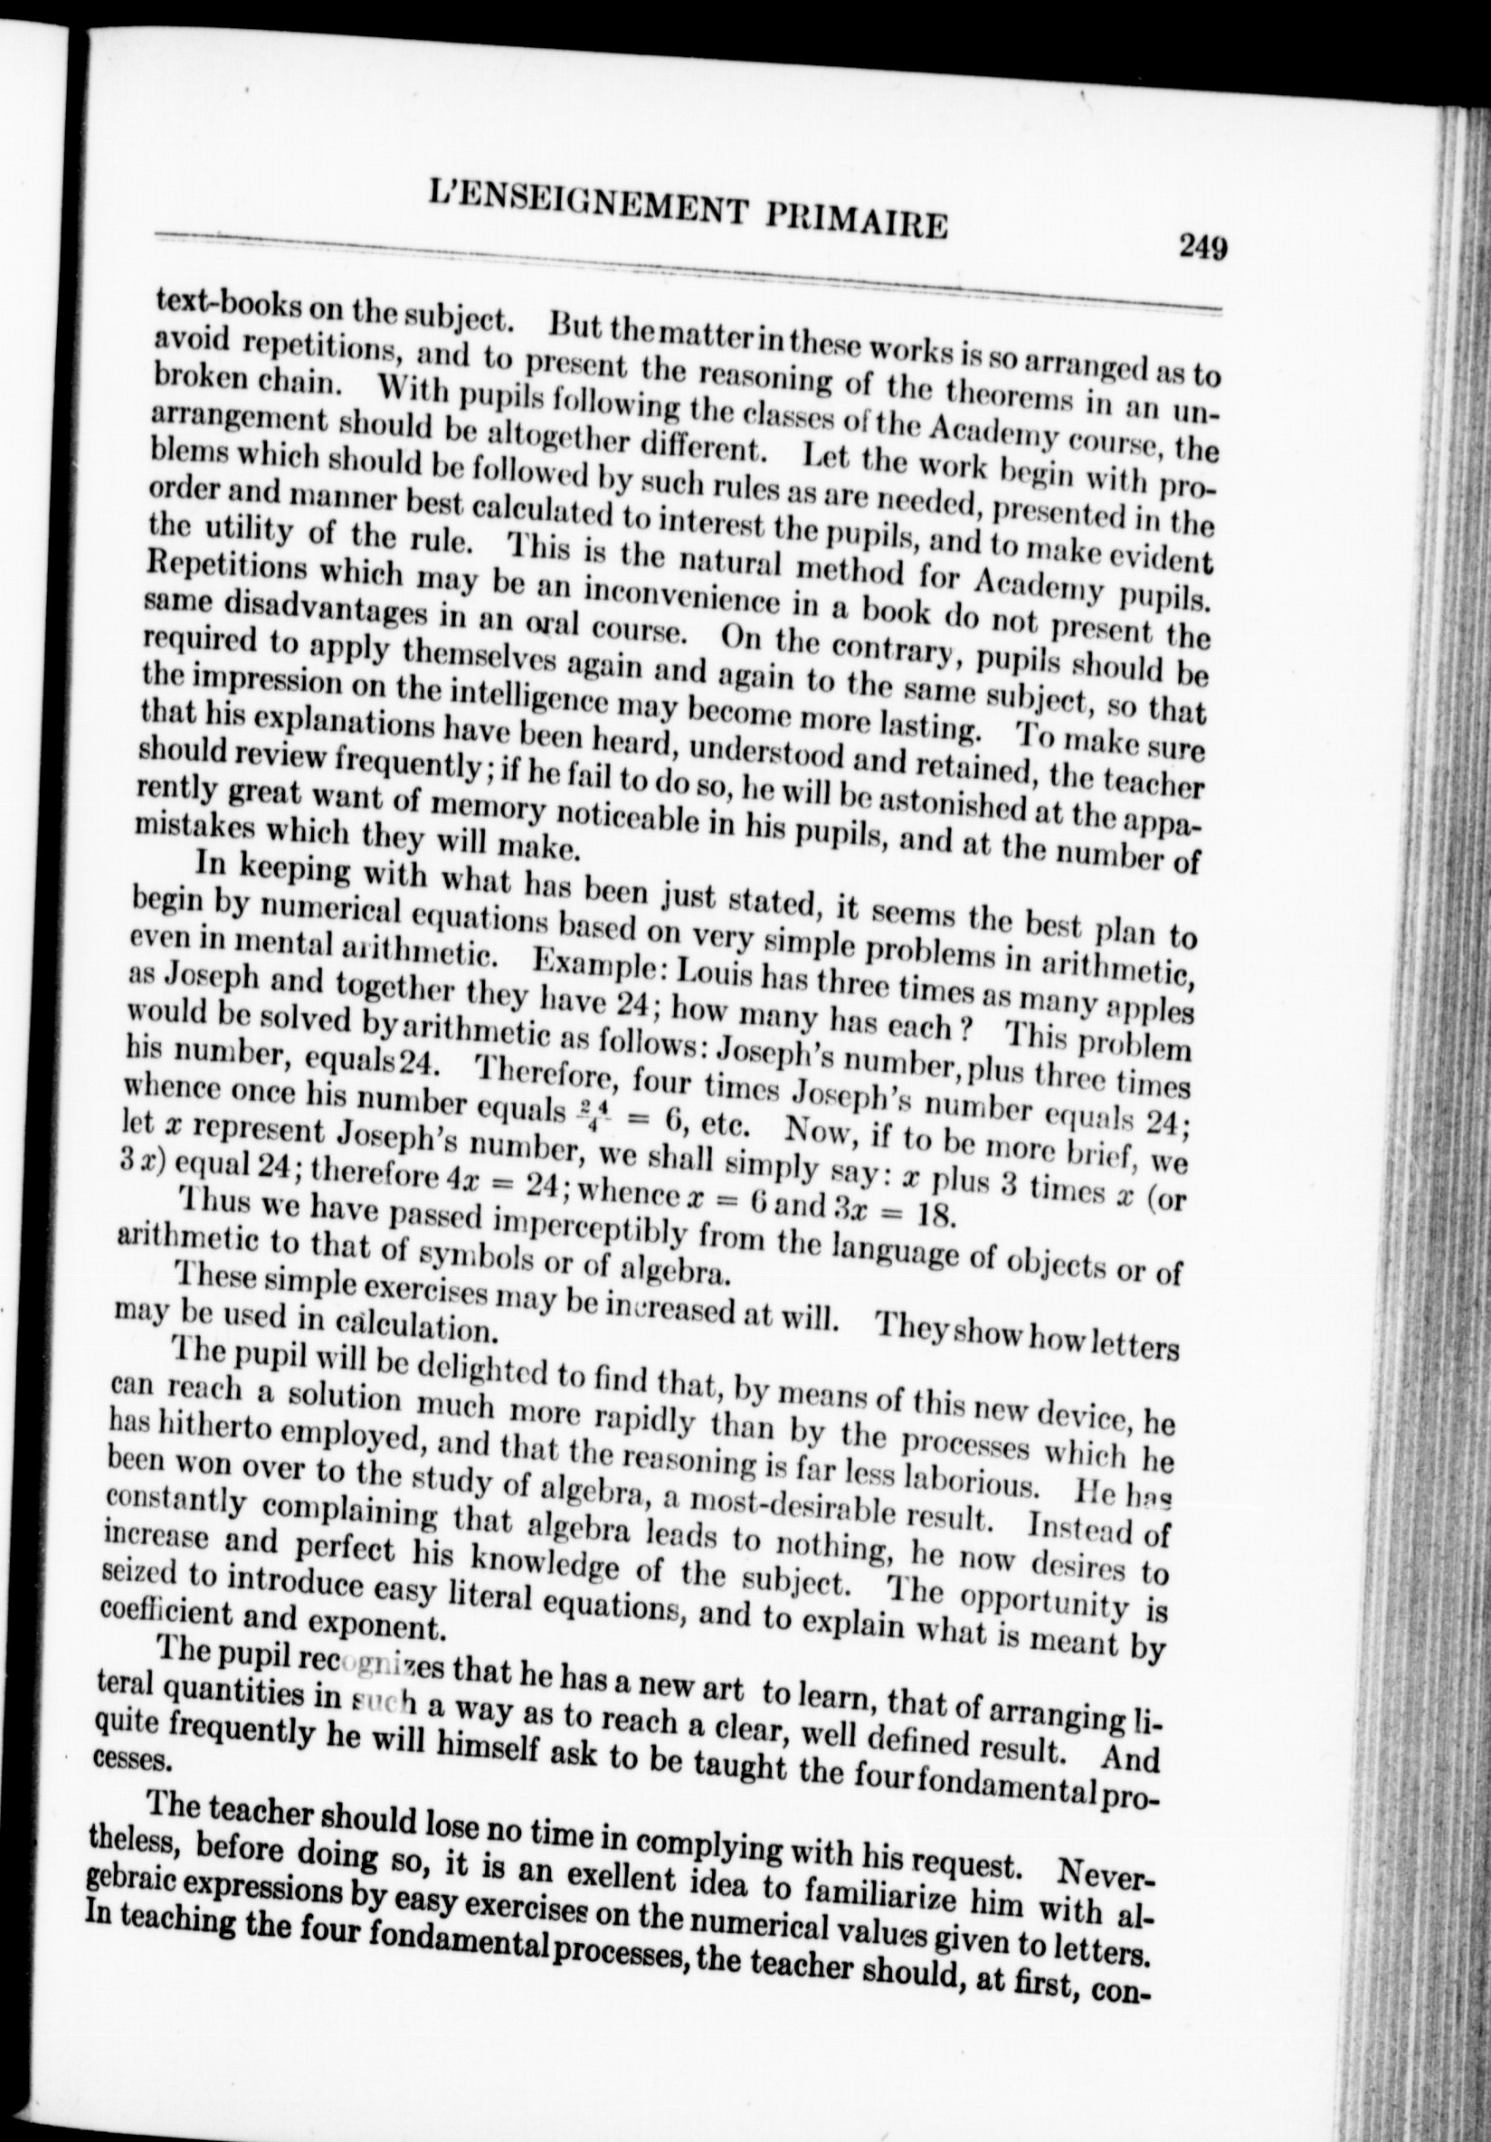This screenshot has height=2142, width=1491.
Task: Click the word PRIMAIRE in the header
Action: tap(855, 222)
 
